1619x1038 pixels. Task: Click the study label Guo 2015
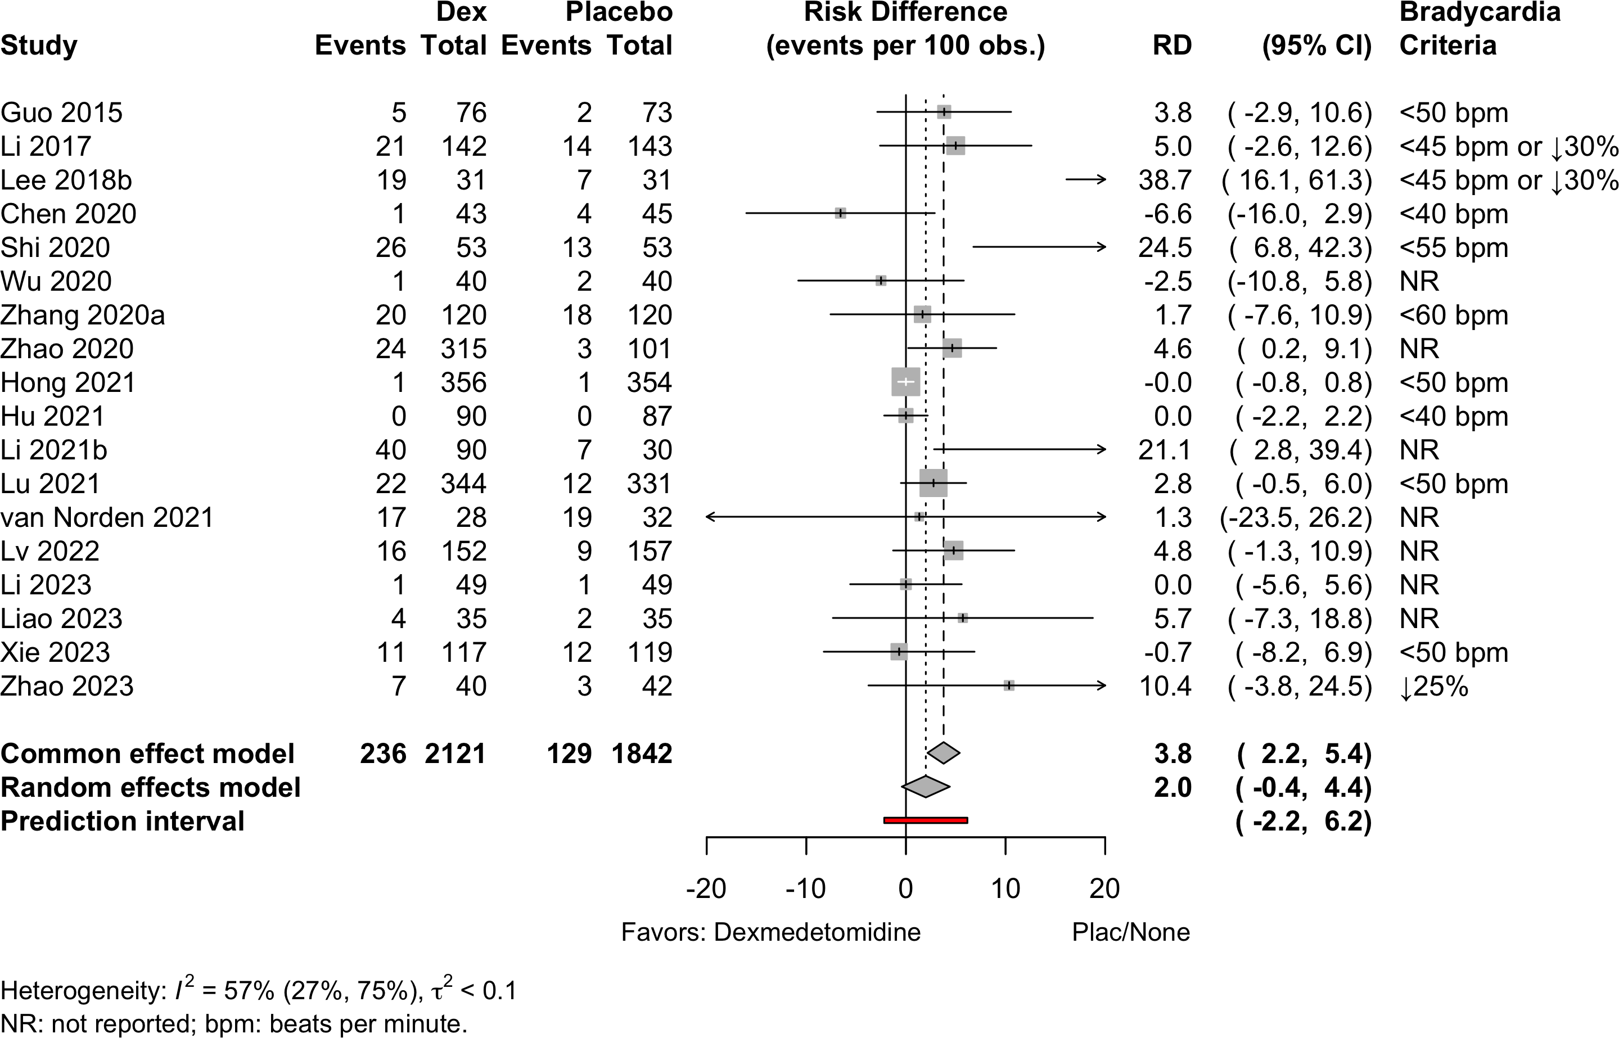coord(61,112)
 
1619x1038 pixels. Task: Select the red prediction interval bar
coord(926,820)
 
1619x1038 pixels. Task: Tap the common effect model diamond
coord(944,753)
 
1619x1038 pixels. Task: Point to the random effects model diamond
coord(926,787)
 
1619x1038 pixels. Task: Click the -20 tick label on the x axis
coord(706,889)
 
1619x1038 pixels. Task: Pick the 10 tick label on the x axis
coord(1005,889)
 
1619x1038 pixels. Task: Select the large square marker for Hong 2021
coord(905,382)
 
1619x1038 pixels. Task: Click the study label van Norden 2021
coord(107,517)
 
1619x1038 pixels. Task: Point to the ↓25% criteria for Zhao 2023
coord(1433,686)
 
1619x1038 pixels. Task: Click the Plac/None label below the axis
coord(1131,932)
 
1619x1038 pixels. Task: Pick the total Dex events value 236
coord(383,753)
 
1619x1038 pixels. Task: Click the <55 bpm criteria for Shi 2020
coord(1454,248)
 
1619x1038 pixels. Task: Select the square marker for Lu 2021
coord(933,482)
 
